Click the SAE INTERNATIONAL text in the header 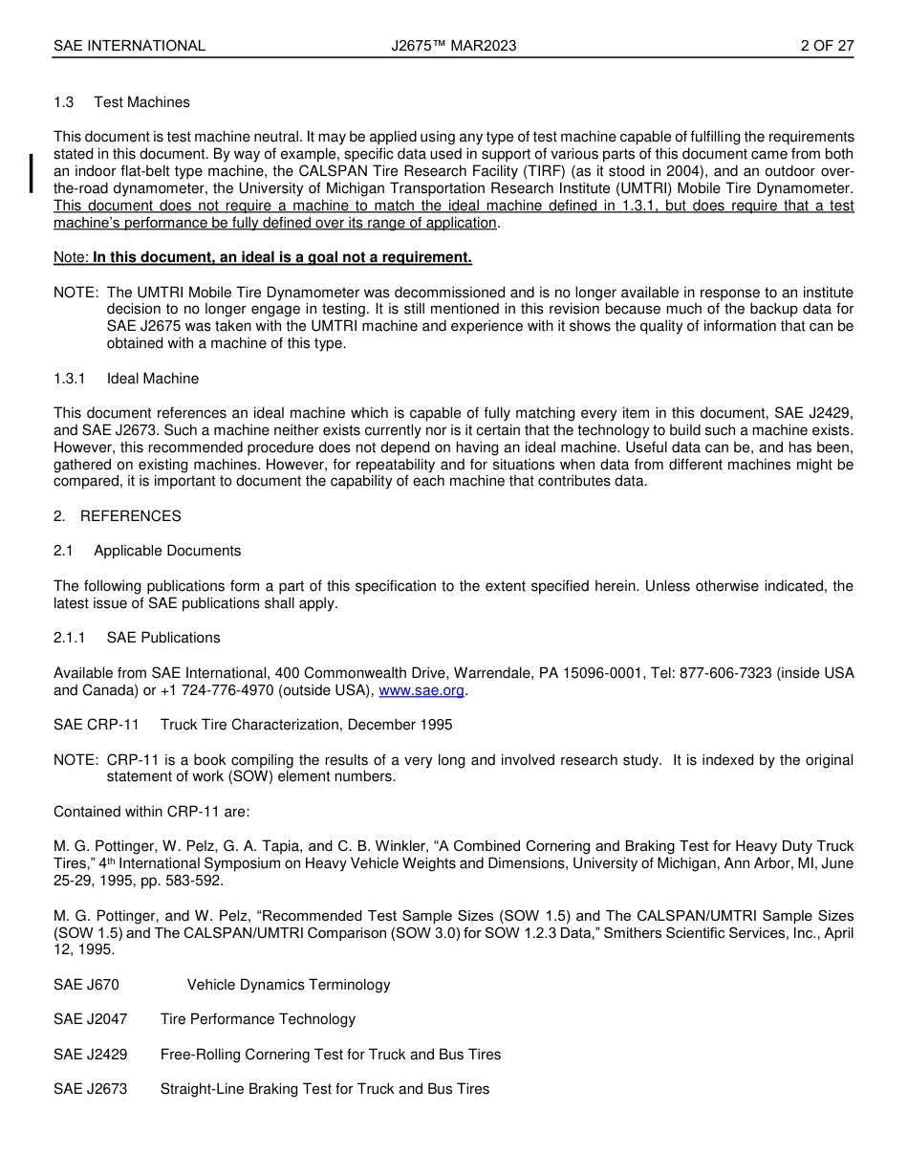[x=129, y=46]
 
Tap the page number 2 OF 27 [x=827, y=46]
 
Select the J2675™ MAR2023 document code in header [x=454, y=46]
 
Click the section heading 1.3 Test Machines [x=121, y=102]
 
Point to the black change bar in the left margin [x=32, y=173]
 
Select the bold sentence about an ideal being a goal [x=282, y=257]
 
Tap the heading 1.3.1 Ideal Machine [x=126, y=379]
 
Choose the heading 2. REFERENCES [x=117, y=516]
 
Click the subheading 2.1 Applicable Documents [x=147, y=551]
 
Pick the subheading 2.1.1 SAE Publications [x=137, y=638]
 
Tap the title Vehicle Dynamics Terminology [x=289, y=985]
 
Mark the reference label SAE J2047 [x=90, y=1019]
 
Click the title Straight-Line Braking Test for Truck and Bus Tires [x=325, y=1089]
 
